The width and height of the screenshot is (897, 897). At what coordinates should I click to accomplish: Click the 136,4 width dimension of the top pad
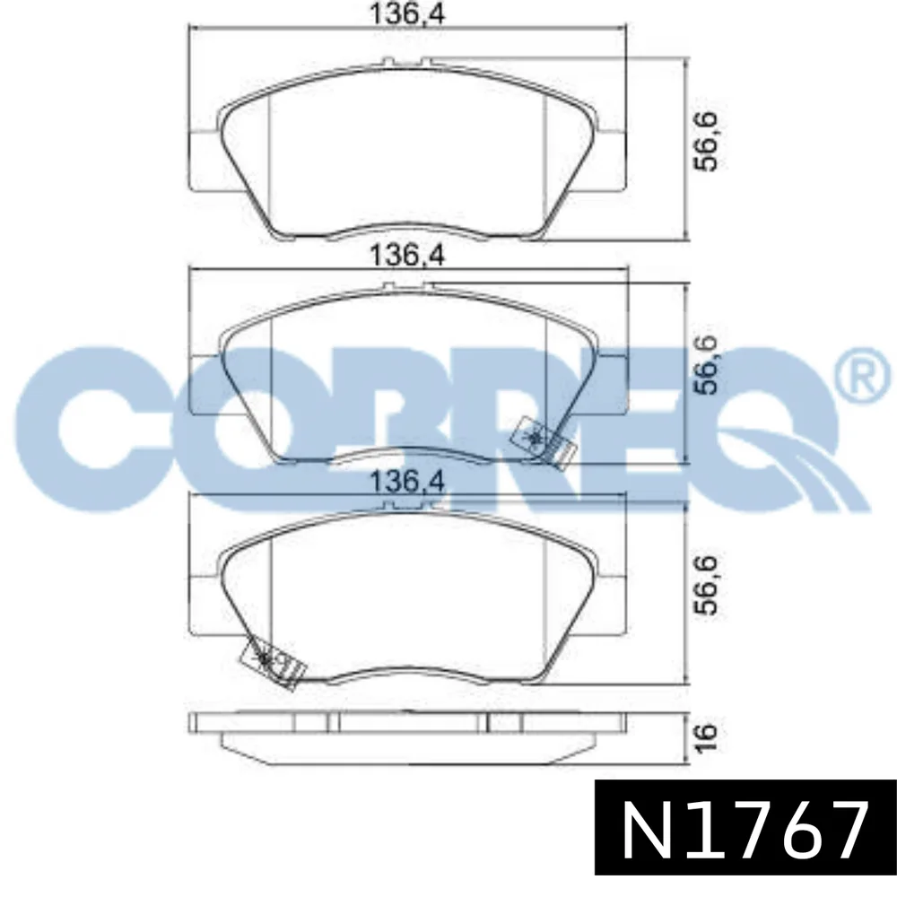(x=407, y=13)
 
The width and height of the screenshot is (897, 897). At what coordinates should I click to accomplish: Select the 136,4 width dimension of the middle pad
(x=407, y=255)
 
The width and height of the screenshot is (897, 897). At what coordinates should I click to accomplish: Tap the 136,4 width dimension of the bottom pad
(x=407, y=482)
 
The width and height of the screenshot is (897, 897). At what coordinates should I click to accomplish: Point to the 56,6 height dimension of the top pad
(x=708, y=142)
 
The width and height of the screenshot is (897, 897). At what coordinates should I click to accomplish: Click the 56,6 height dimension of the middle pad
(x=708, y=365)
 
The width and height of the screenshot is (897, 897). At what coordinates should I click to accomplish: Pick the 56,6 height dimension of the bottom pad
(x=708, y=585)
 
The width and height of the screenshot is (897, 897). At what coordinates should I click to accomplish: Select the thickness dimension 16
(x=708, y=737)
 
